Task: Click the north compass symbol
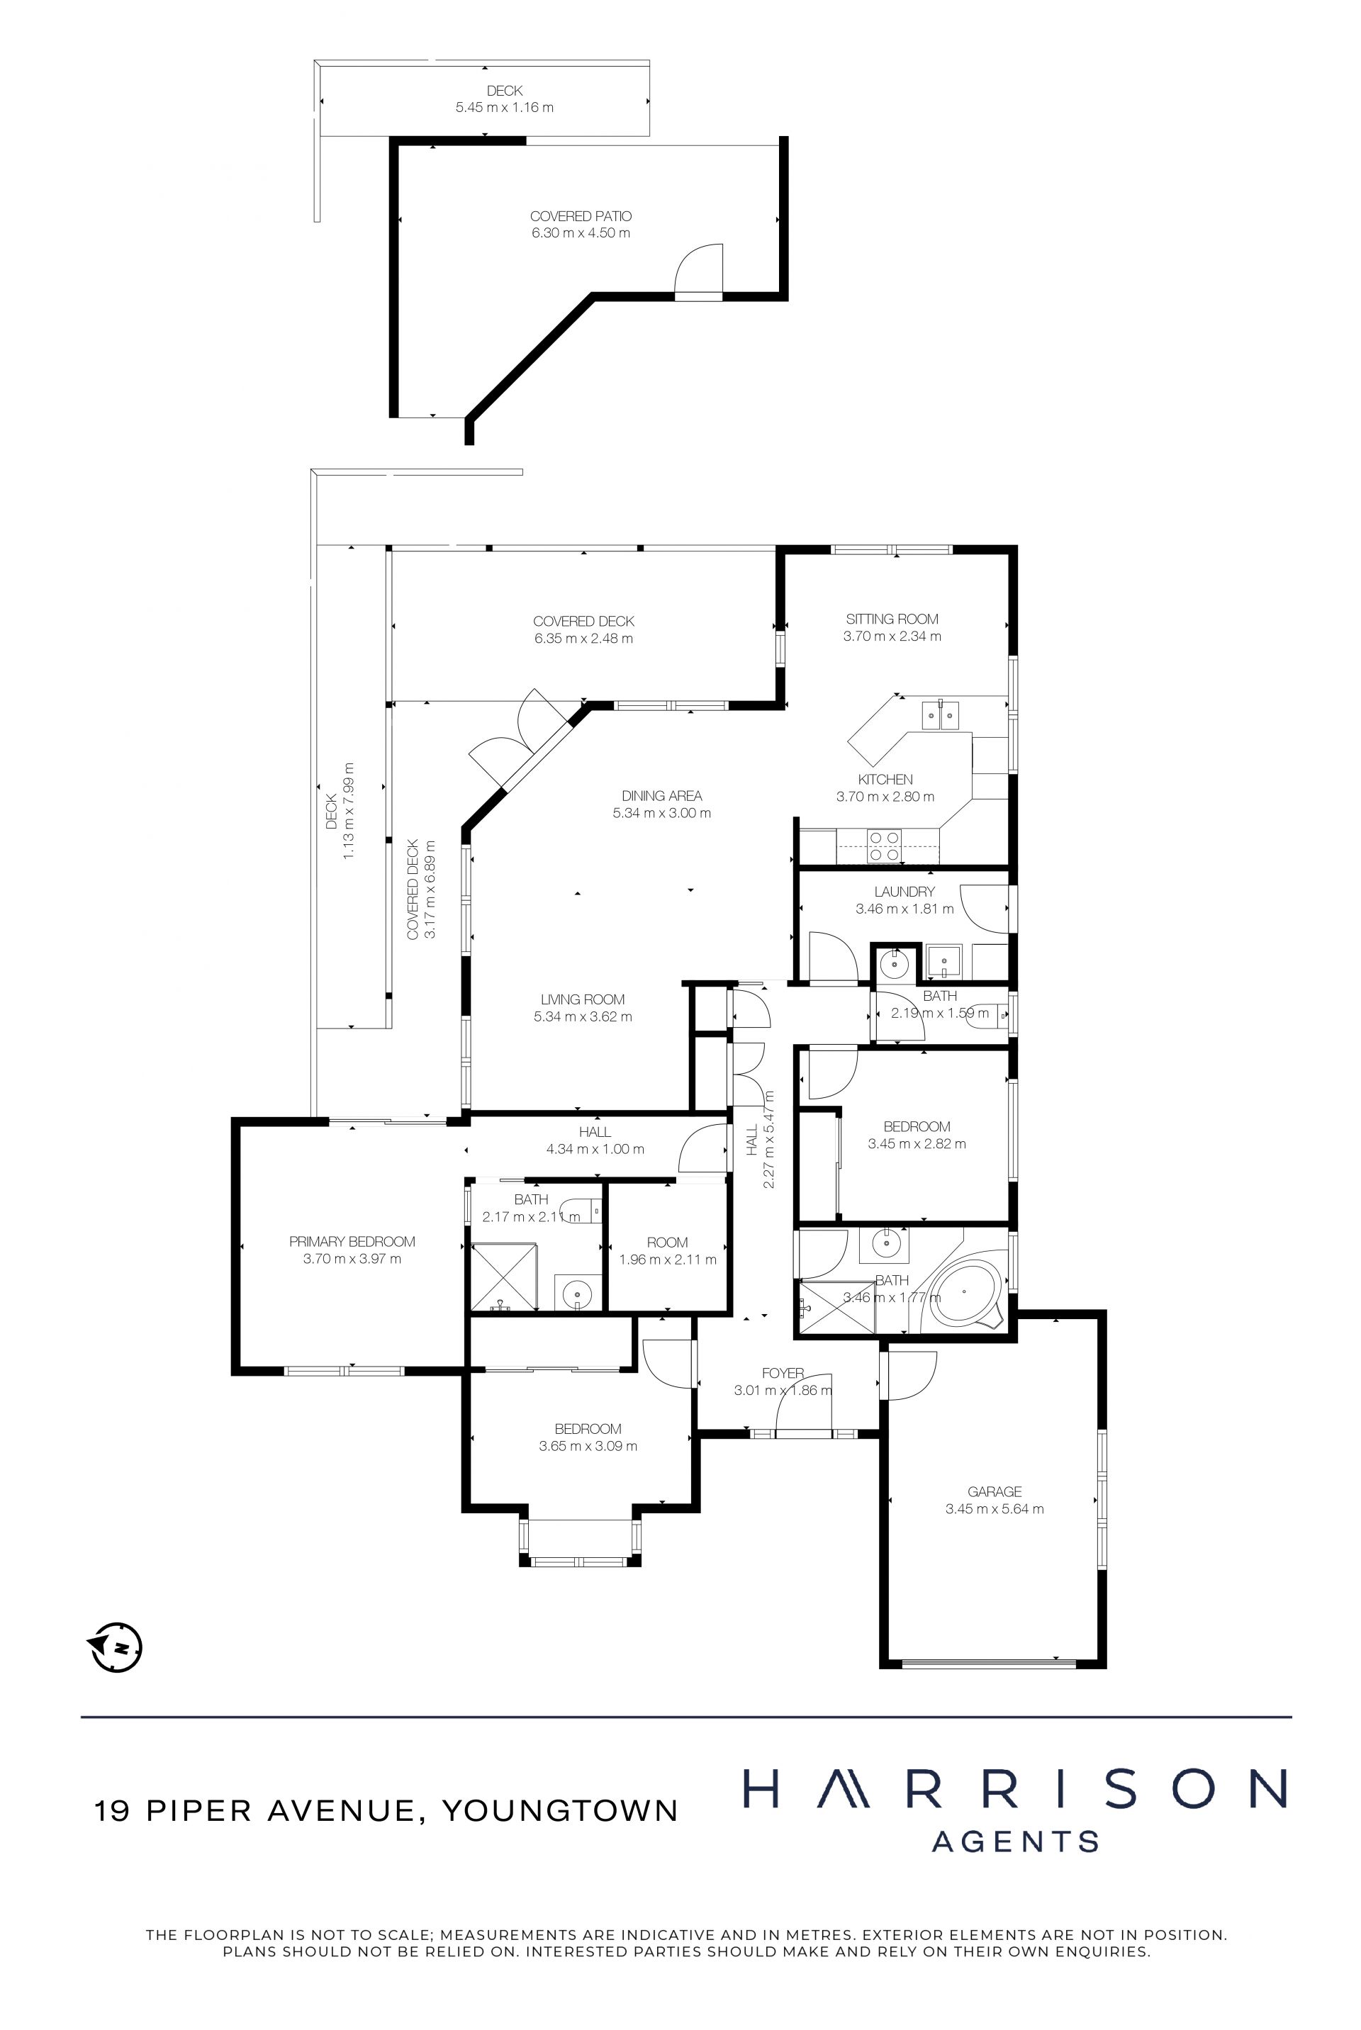pos(116,1647)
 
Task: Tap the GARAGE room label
pos(995,1491)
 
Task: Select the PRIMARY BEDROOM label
pos(352,1241)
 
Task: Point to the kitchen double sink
pos(940,715)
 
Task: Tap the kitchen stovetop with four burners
pos(885,846)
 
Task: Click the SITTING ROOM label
pos(892,619)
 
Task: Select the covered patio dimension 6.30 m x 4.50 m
pos(581,232)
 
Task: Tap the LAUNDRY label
pos(904,892)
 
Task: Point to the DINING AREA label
pos(661,795)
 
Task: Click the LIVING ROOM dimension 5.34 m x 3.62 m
pos(583,1016)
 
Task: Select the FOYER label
pos(783,1373)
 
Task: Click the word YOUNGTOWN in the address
pos(560,1810)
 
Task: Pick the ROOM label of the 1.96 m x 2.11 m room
pos(668,1242)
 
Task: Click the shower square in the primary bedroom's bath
pos(503,1276)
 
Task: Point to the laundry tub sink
pos(943,960)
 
